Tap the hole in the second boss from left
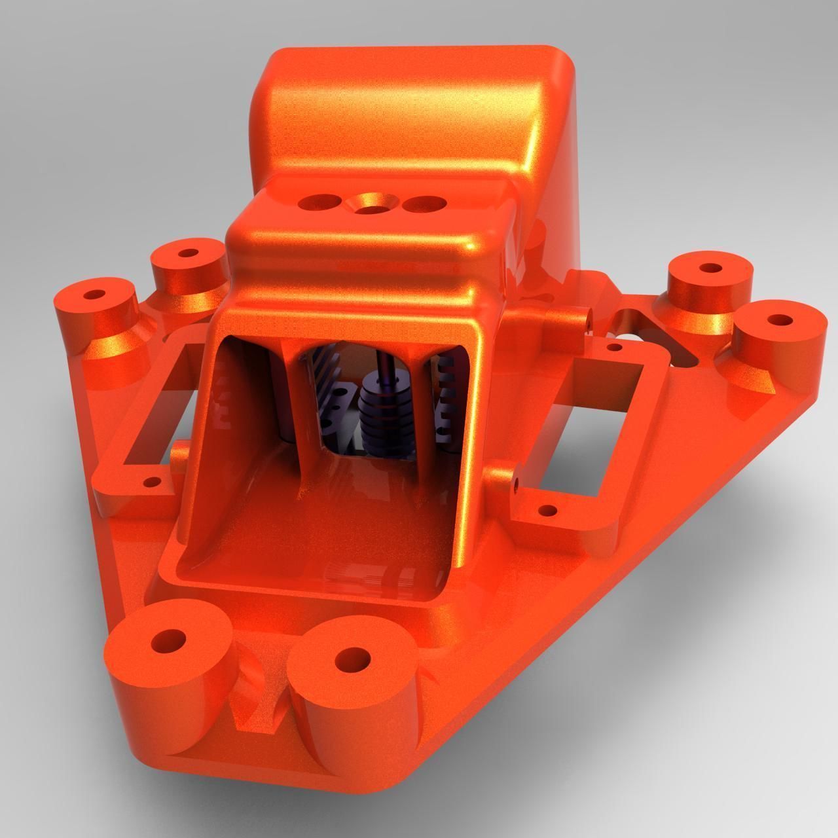[x=189, y=252]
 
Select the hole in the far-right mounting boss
[x=779, y=321]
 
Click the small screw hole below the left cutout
[x=153, y=483]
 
